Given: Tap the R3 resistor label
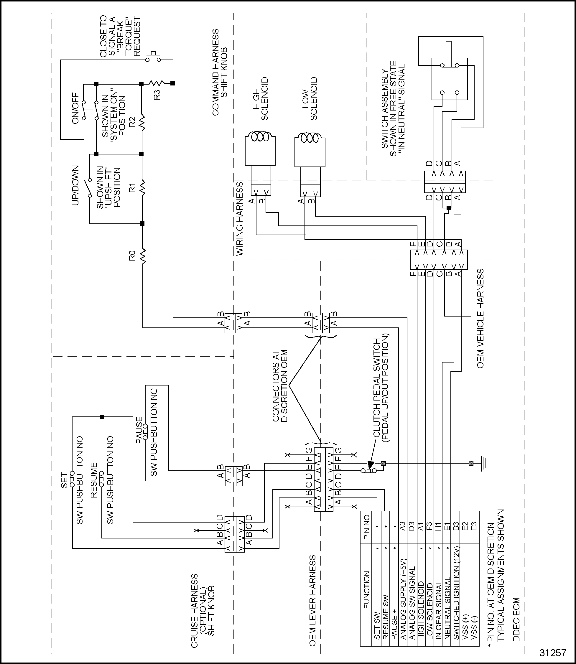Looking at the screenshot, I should (157, 95).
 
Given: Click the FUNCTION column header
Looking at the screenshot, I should (367, 590).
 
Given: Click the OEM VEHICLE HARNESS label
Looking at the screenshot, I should (480, 319).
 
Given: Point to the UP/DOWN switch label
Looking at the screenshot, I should (75, 185).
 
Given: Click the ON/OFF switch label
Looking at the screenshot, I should (75, 108).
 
